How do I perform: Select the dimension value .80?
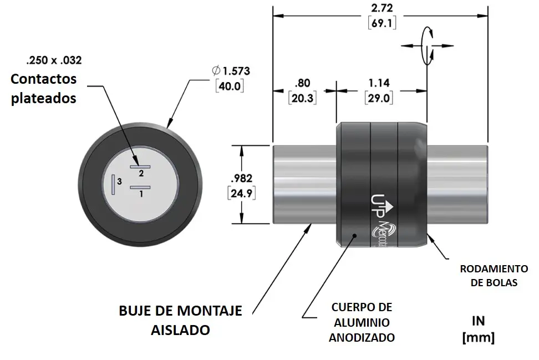(302, 83)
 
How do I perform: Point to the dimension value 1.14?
(379, 83)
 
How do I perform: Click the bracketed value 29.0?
(379, 98)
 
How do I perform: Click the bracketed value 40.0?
(230, 86)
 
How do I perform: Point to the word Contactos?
(44, 79)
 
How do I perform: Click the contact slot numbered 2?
(140, 166)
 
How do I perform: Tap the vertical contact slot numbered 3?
(113, 184)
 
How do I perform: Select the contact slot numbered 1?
(140, 188)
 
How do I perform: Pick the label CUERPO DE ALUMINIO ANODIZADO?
(362, 322)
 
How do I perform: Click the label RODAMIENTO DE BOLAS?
(494, 275)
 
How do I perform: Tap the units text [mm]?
(478, 337)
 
